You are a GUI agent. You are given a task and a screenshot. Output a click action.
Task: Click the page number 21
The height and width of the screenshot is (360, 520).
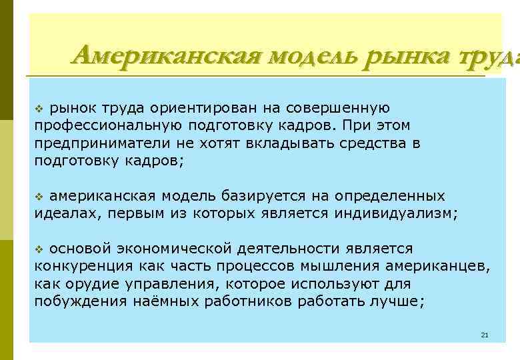[x=485, y=334]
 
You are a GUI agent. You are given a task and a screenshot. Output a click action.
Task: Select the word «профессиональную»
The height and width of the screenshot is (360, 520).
[x=99, y=125]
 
